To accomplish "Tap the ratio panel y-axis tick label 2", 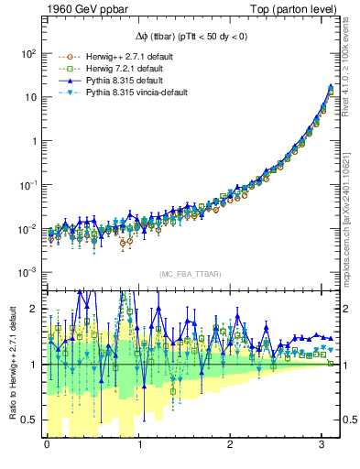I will point(32,309).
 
